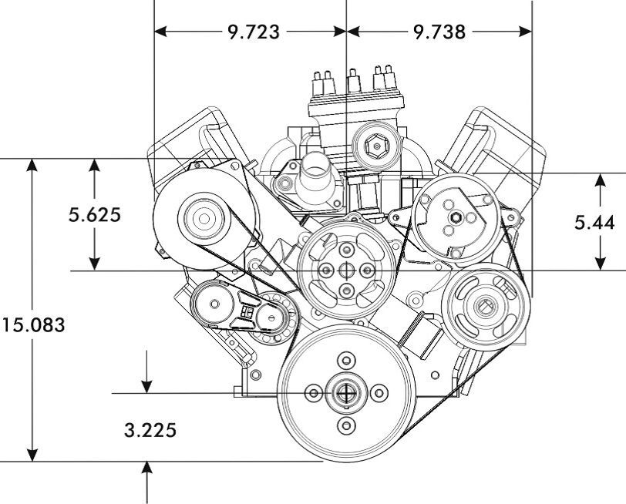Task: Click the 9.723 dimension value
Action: tap(254, 32)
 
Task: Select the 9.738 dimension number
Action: tap(439, 32)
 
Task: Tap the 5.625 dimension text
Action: tap(95, 215)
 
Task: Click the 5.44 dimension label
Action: tap(595, 222)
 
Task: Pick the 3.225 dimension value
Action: tap(150, 430)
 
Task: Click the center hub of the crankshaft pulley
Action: tap(346, 393)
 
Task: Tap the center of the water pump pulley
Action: tap(346, 270)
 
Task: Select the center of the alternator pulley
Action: tap(204, 219)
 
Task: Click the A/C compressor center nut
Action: tap(456, 217)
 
